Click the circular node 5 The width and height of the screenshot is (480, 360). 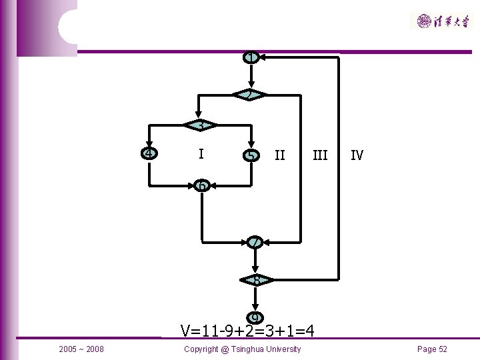(251, 155)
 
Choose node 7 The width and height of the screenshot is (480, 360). (254, 243)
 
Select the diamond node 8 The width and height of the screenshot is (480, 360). (256, 280)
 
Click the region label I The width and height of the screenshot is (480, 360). (201, 154)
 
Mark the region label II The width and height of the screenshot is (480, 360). (280, 155)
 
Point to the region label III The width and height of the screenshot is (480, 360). (320, 155)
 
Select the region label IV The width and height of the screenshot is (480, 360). (357, 155)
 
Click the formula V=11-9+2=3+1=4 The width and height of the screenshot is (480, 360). (247, 330)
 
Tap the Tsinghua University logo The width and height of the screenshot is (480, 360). (442, 21)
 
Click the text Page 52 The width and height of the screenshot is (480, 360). (432, 349)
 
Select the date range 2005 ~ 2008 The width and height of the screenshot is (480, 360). (81, 349)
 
